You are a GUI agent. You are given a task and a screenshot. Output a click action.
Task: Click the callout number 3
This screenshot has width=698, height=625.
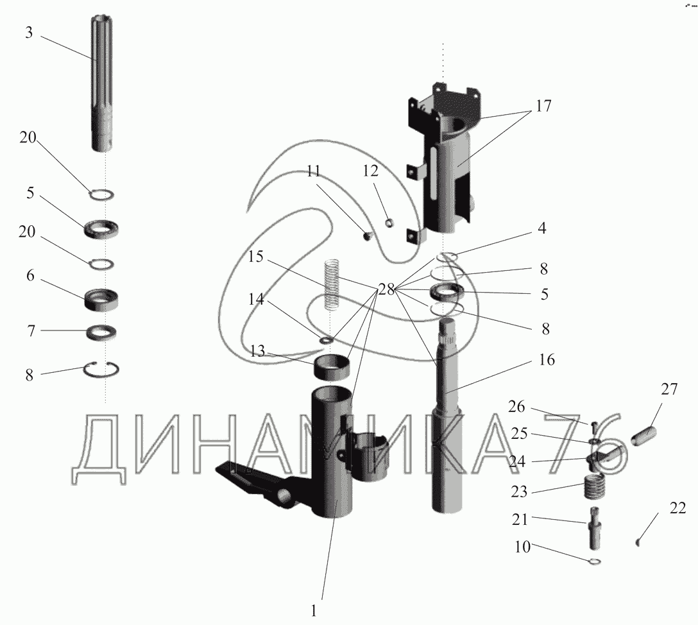pos(29,33)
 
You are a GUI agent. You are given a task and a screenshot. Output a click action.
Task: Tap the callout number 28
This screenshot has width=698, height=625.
pos(386,289)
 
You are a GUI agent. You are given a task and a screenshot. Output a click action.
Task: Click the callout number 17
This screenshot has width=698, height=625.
pos(543,106)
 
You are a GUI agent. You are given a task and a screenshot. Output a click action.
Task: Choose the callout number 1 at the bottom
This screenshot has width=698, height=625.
pos(314,607)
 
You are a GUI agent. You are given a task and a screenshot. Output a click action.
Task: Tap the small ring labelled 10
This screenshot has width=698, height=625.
pos(594,562)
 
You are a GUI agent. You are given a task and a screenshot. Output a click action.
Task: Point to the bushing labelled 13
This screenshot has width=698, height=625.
pos(333,368)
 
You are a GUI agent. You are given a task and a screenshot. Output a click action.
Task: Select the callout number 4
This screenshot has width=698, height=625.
pos(542,228)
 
